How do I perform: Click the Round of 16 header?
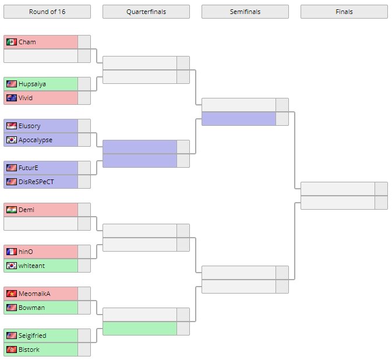[x=47, y=12]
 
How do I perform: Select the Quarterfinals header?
[x=146, y=12]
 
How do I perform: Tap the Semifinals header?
[x=245, y=12]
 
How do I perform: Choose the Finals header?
[x=344, y=12]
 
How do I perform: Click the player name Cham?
[x=27, y=42]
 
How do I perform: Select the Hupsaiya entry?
[x=32, y=84]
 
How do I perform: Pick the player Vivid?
[x=26, y=98]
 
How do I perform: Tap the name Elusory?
[x=30, y=126]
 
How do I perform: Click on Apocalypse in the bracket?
[x=35, y=140]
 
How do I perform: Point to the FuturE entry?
[x=29, y=168]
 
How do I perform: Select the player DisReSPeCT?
[x=36, y=182]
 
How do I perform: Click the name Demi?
[x=27, y=210]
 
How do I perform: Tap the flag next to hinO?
[x=11, y=252]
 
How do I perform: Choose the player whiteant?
[x=32, y=266]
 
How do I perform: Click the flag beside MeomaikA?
[x=11, y=294]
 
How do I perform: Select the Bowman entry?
[x=31, y=308]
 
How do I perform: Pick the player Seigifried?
[x=33, y=336]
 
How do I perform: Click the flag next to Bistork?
[x=11, y=350]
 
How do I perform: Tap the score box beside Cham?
[x=84, y=42]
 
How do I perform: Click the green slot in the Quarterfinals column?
[x=140, y=329]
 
